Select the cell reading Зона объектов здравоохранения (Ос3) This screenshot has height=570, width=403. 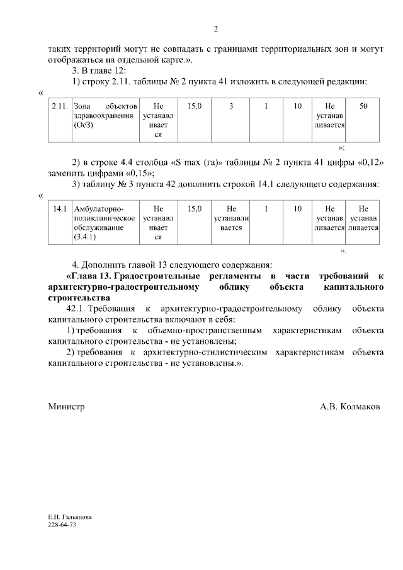(x=104, y=116)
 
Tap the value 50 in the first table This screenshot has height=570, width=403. (x=363, y=106)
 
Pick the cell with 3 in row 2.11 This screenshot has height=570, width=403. (x=231, y=106)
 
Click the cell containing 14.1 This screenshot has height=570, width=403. (x=60, y=208)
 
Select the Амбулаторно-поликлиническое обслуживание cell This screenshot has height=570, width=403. (x=104, y=222)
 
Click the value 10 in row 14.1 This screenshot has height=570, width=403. (x=297, y=208)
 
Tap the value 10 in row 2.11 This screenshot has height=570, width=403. (x=297, y=106)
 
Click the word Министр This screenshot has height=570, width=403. (x=66, y=407)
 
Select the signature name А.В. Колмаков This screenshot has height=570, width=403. (x=349, y=407)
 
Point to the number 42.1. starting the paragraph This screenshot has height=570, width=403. (x=76, y=309)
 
